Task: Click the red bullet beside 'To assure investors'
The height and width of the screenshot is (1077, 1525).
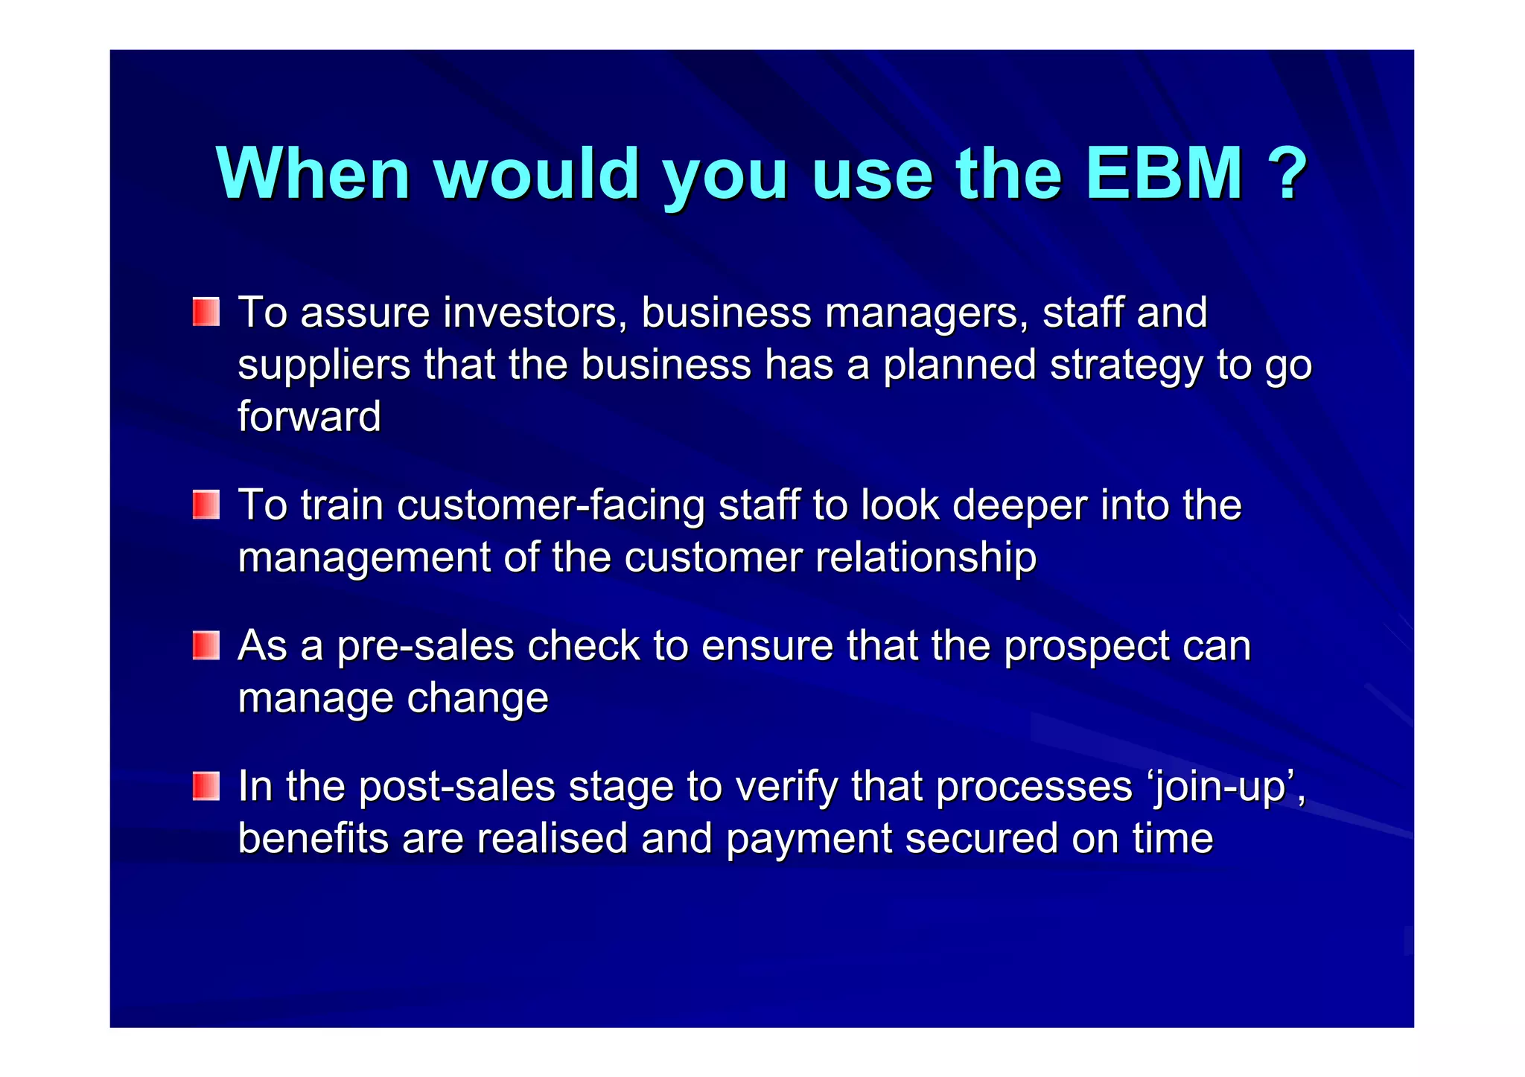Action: (206, 312)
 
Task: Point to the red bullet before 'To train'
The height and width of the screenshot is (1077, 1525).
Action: (206, 505)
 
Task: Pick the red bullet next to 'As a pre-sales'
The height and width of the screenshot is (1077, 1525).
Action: (206, 645)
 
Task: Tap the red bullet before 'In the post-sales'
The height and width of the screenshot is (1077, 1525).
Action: (206, 786)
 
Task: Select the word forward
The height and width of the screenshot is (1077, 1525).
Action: (309, 416)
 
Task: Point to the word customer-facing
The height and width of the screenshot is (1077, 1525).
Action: (550, 506)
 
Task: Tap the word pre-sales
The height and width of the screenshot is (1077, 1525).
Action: (425, 646)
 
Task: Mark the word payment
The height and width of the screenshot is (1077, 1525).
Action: (809, 840)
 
